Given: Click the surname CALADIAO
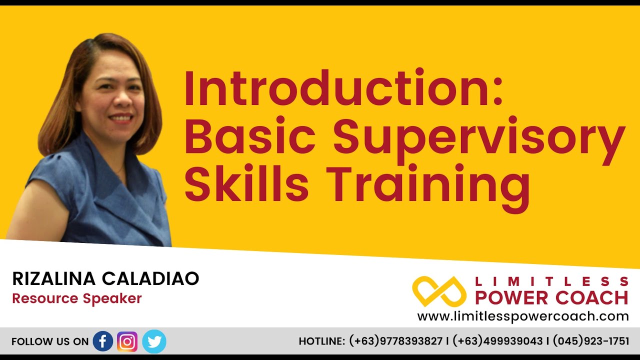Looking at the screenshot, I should click(151, 279).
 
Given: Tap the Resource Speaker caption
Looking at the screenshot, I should click(77, 298).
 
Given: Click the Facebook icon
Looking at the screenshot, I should click(103, 341).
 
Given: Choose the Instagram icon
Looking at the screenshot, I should click(127, 341).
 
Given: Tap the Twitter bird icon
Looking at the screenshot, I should click(154, 341).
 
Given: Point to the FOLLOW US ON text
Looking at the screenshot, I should click(49, 342).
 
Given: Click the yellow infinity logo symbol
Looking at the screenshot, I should click(439, 291).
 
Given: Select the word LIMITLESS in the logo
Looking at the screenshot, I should click(551, 281).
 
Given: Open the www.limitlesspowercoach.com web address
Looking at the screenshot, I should click(523, 316).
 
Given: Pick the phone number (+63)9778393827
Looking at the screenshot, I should click(396, 341).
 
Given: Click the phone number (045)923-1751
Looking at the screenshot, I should click(591, 341).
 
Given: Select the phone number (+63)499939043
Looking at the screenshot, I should click(498, 341).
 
